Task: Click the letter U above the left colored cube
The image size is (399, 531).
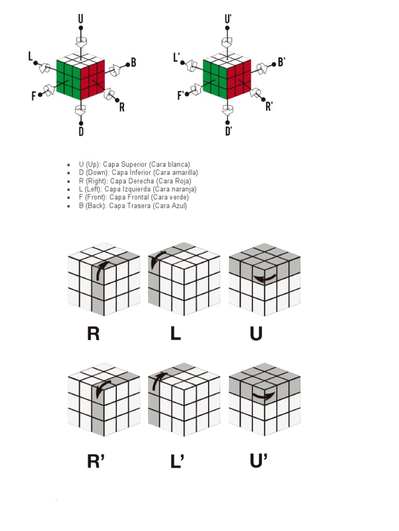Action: click(x=81, y=19)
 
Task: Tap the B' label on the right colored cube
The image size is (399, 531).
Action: click(x=282, y=62)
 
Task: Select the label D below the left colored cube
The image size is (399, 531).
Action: click(x=81, y=132)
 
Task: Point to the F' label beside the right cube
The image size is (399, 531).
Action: click(x=181, y=95)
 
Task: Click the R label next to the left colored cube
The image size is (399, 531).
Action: click(x=122, y=107)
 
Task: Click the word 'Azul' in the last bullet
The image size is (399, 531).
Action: click(x=178, y=206)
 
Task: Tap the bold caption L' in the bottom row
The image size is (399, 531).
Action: click(x=177, y=461)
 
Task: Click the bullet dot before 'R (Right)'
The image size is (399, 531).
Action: click(x=69, y=181)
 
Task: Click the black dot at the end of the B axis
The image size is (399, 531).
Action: click(x=127, y=65)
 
